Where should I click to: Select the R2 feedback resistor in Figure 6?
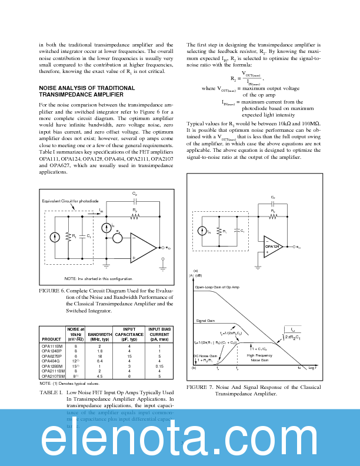pyautogui.click(x=135, y=215)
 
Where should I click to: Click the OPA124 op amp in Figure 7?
pyautogui.click(x=272, y=247)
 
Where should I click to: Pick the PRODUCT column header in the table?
pyautogui.click(x=51, y=339)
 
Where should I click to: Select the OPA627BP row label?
pyautogui.click(x=52, y=356)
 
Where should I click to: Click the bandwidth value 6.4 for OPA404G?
pyautogui.click(x=99, y=361)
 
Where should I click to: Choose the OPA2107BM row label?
pyautogui.click(x=52, y=375)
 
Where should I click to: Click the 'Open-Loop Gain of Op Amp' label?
pyautogui.click(x=217, y=287)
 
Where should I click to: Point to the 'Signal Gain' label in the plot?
pyautogui.click(x=205, y=321)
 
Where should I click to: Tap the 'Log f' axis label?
pyautogui.click(x=312, y=367)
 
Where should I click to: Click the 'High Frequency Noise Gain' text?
pyautogui.click(x=259, y=358)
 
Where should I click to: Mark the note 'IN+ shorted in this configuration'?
pyautogui.click(x=98, y=278)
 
